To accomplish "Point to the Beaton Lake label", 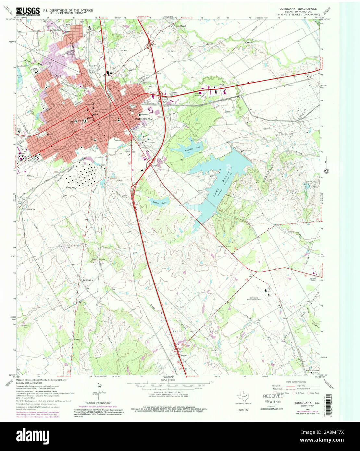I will tap(159, 202).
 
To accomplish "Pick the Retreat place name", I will tap(86, 280).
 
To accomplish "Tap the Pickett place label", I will tap(77, 339).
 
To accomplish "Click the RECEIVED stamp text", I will tap(273, 396).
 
